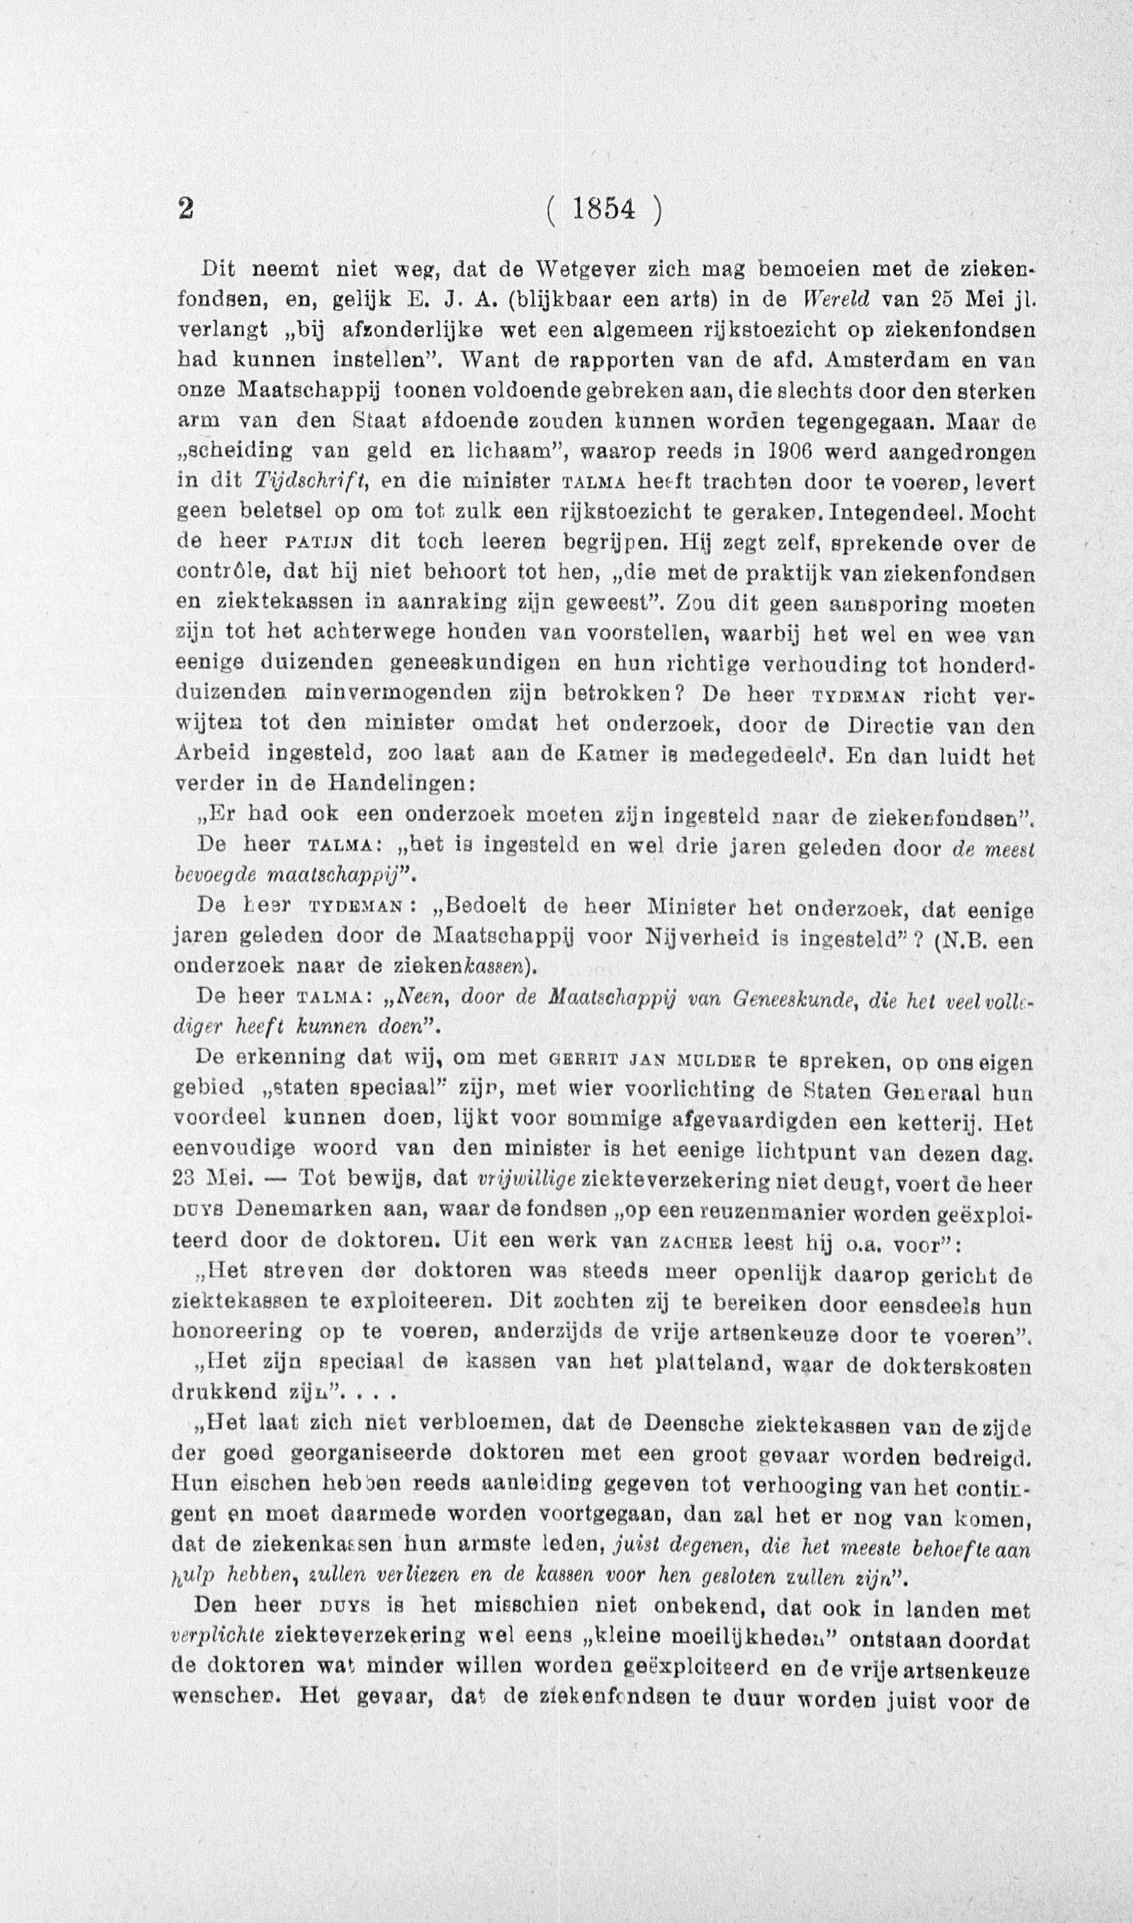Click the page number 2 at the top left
[183, 209]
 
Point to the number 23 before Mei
[187, 1181]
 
